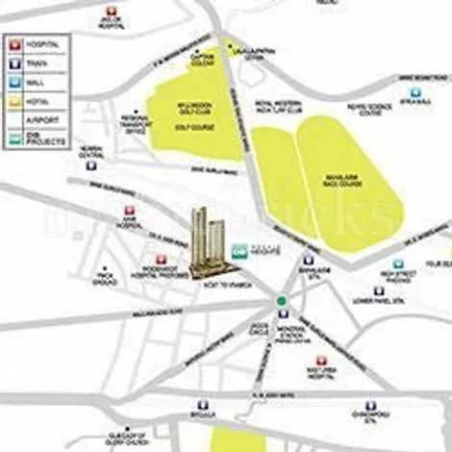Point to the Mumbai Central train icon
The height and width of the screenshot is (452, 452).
(89, 165)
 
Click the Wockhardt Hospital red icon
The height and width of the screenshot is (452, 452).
(161, 260)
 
